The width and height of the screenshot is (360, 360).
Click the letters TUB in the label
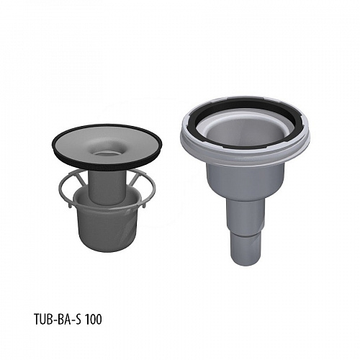click(x=42, y=320)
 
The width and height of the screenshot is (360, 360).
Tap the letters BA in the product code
click(x=62, y=320)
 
